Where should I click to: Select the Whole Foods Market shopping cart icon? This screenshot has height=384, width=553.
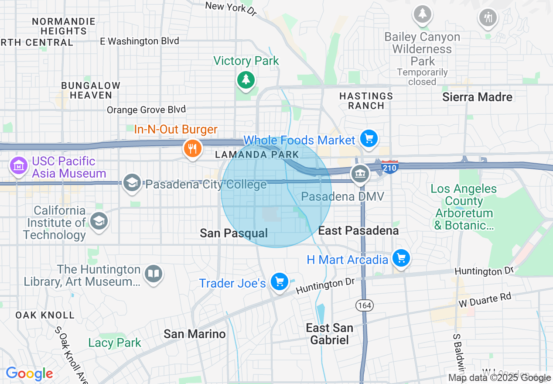[x=369, y=139]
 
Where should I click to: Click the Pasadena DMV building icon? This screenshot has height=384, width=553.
[x=360, y=174]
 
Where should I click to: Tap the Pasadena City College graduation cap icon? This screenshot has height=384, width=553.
[x=131, y=183]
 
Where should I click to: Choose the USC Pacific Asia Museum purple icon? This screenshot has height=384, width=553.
[x=18, y=165]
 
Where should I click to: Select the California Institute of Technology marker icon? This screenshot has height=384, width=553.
[x=99, y=221]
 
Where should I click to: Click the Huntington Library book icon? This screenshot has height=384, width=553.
[x=153, y=274]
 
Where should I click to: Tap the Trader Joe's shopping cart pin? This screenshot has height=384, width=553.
[x=279, y=281]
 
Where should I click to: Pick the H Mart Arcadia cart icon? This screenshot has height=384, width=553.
[x=401, y=258]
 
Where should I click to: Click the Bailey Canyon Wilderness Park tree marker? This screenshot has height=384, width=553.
[x=422, y=14]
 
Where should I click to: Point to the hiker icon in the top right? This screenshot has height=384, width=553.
[x=487, y=17]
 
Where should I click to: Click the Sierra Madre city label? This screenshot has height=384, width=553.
[x=477, y=97]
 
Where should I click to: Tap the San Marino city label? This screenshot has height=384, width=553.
[x=195, y=334]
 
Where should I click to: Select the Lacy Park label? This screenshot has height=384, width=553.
[x=115, y=343]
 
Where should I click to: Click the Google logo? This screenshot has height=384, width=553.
[x=29, y=374]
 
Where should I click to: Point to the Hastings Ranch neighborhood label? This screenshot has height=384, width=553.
[x=366, y=101]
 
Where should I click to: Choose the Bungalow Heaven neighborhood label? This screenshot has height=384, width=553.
[x=90, y=90]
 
